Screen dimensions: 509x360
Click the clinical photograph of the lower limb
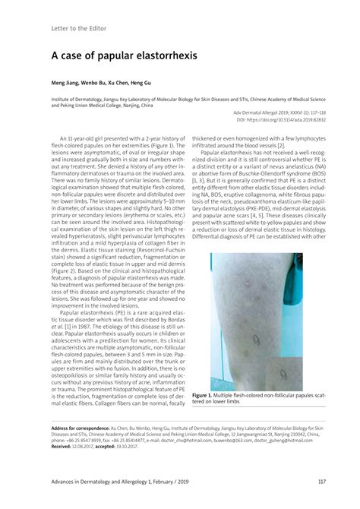tap(256, 321)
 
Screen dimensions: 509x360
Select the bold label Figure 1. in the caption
tap(203, 397)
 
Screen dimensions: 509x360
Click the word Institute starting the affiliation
tap(62, 98)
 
